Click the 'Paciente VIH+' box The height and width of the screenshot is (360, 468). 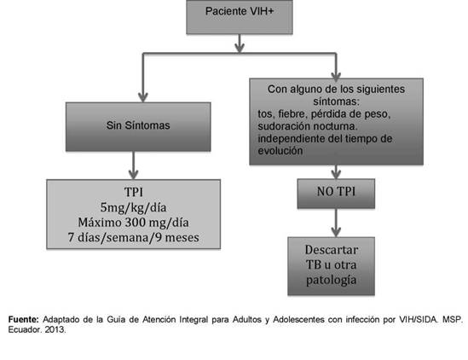[240, 17]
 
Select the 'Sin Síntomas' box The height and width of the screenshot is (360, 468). [138, 126]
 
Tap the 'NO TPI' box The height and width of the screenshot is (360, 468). [336, 194]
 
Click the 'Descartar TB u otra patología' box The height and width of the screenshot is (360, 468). [332, 266]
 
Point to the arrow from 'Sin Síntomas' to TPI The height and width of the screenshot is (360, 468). [133, 165]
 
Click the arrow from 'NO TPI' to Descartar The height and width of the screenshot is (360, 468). [336, 223]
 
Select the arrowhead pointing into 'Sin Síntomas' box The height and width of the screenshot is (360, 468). [143, 97]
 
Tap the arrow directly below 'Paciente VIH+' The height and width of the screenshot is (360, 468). [240, 44]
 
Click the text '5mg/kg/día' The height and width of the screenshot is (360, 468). [134, 207]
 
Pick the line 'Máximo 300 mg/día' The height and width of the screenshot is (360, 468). [134, 223]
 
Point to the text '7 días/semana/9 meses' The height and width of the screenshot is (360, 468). [134, 237]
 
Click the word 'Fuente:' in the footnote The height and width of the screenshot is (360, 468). [24, 319]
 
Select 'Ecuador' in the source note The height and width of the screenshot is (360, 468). [25, 329]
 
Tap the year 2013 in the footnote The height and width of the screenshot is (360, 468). [55, 329]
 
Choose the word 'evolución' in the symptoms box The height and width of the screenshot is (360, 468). [280, 151]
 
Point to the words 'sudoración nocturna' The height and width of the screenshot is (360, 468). [308, 126]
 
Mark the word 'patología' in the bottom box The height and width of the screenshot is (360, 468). [332, 281]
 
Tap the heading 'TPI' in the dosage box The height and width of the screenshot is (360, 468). [134, 192]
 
